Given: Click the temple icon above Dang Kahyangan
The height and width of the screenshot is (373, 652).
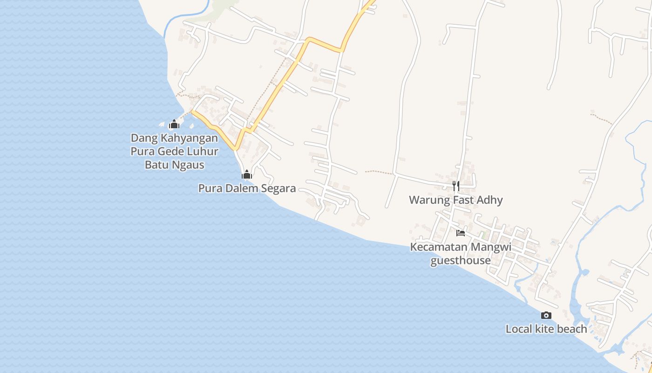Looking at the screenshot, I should (174, 124).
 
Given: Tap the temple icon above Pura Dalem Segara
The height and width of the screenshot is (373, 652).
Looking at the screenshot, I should (246, 175).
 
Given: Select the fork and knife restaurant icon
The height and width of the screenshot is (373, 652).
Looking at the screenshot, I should (456, 186).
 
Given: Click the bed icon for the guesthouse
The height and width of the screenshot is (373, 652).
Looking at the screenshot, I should (461, 233).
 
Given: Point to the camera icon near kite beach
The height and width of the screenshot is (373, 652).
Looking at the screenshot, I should (546, 316).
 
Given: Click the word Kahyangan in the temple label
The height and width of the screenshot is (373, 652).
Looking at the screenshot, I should (189, 138).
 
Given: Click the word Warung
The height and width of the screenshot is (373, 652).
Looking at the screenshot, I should (426, 200).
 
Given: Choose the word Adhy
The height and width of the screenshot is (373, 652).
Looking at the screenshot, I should (491, 200).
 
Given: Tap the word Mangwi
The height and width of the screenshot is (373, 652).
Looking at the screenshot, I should (491, 247).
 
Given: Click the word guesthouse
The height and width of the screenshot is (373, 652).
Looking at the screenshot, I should (460, 260).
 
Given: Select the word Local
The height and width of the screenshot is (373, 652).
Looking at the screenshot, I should (519, 329).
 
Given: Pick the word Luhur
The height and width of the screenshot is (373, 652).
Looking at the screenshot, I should (203, 152).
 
